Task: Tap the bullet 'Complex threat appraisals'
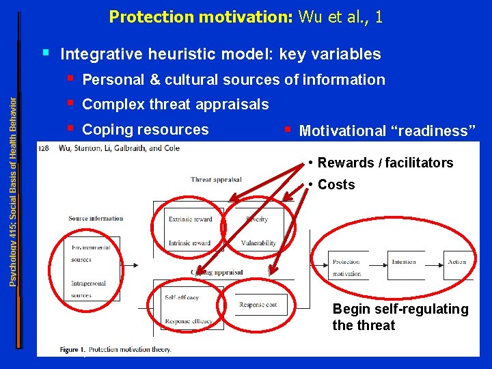point(175,105)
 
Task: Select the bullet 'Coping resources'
point(145,130)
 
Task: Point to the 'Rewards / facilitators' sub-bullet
point(385,163)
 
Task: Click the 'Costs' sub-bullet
point(336,184)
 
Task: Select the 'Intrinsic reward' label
point(189,243)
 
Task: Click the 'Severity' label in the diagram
point(256,219)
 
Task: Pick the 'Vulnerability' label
point(258,243)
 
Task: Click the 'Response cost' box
point(258,305)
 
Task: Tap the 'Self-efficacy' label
point(182,298)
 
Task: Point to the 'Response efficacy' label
point(188,321)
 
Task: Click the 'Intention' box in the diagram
point(403,262)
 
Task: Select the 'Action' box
point(456,262)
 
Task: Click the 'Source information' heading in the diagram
point(96,219)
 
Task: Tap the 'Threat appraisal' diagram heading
point(216,180)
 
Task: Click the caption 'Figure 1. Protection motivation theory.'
point(115,349)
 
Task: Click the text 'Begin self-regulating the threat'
point(400,317)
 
